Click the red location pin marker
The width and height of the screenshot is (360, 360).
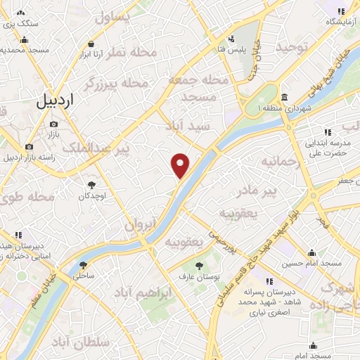click(x=181, y=165)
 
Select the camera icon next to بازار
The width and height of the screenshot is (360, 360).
click(x=54, y=124)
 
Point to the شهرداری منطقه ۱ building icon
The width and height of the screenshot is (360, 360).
click(x=283, y=97)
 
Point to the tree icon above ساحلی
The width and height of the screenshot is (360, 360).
click(x=84, y=265)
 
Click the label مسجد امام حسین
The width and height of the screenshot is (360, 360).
click(x=311, y=264)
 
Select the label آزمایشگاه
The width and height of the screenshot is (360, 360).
click(x=338, y=22)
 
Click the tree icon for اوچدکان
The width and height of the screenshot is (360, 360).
click(x=89, y=184)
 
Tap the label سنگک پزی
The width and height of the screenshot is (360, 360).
click(x=19, y=23)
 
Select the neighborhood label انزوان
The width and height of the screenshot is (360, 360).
click(x=139, y=225)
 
